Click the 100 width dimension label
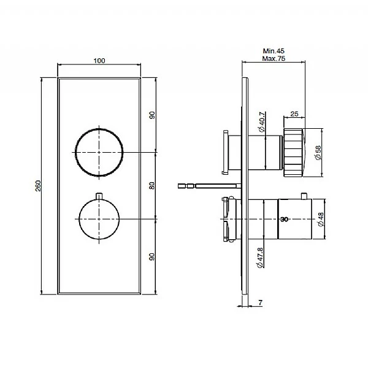coord(100,60)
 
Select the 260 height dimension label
coord(39,186)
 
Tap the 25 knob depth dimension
coord(294,115)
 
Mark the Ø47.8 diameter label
coord(261,255)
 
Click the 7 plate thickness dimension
coord(261,303)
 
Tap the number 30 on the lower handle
coord(283,219)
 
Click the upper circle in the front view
coord(99,151)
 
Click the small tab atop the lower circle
coord(99,195)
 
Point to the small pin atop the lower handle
coord(304,196)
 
